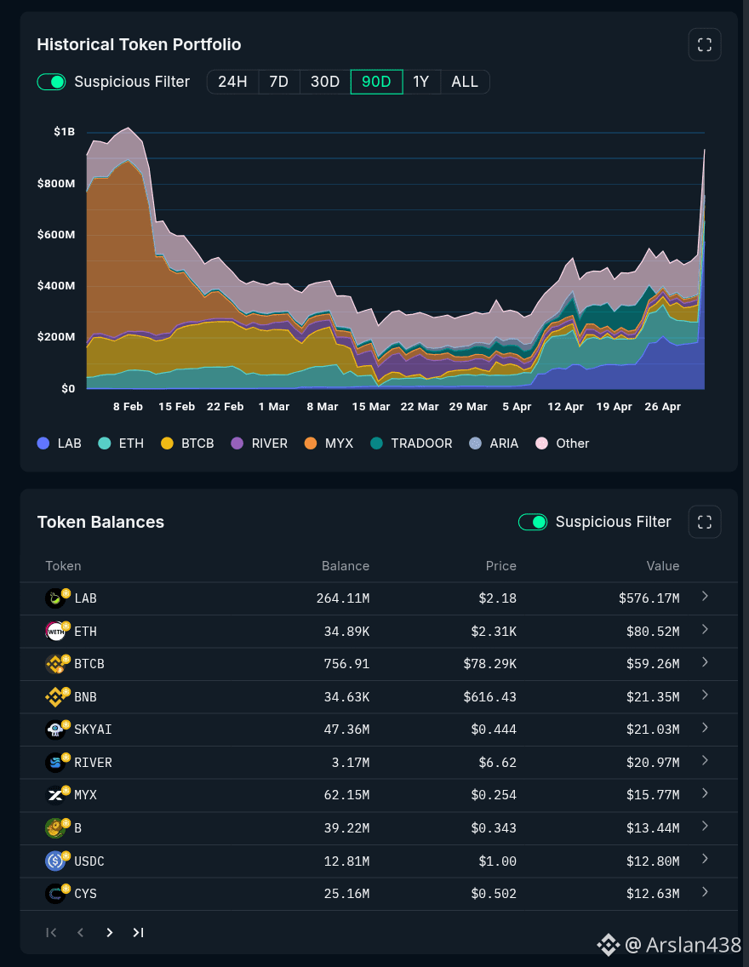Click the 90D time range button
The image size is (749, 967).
click(x=376, y=82)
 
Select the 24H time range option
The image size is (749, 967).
click(x=232, y=82)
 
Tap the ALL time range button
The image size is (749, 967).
click(x=465, y=82)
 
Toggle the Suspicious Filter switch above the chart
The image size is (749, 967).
click(x=51, y=82)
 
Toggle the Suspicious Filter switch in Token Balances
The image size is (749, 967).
click(x=533, y=522)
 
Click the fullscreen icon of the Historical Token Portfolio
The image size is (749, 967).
click(x=705, y=44)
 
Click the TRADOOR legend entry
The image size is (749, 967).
click(x=412, y=443)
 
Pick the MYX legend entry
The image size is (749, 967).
click(x=329, y=443)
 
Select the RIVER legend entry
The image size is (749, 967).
click(x=260, y=443)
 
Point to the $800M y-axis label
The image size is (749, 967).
click(x=56, y=183)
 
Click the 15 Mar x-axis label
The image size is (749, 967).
click(x=371, y=407)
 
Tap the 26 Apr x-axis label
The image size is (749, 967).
click(x=663, y=407)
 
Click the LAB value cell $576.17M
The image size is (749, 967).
click(x=649, y=598)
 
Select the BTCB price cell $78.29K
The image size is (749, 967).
click(x=490, y=664)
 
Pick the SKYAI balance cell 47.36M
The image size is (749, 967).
click(x=347, y=730)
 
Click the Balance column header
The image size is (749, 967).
click(x=346, y=566)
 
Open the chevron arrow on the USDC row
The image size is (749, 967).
click(x=706, y=859)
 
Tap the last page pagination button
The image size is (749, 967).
click(x=138, y=932)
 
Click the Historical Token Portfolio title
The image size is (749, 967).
click(x=140, y=44)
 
